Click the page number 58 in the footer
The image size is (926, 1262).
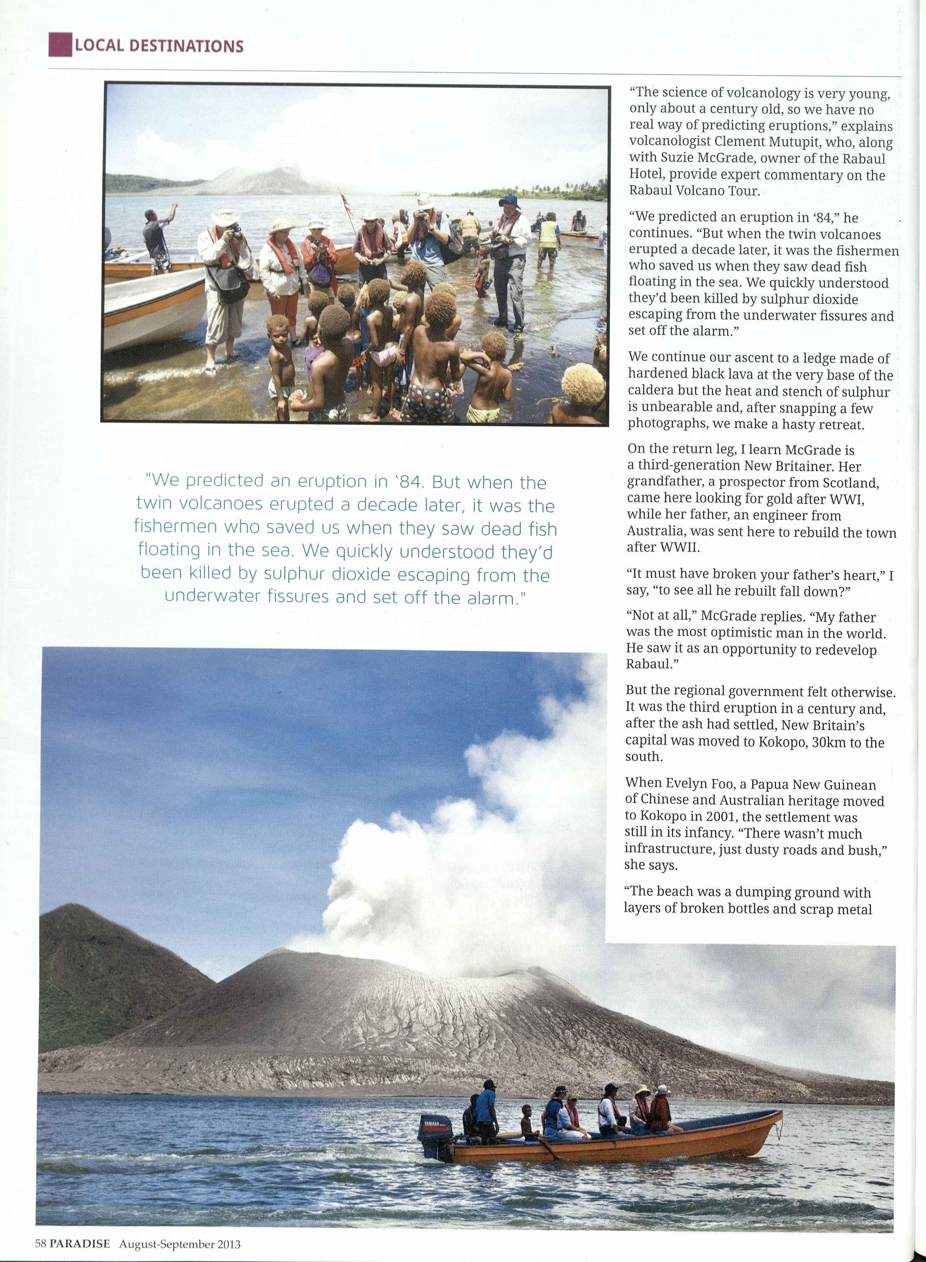tap(40, 1244)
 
